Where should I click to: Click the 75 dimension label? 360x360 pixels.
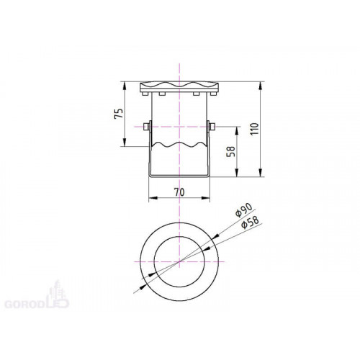(x=119, y=113)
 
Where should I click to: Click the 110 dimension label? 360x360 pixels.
(x=255, y=129)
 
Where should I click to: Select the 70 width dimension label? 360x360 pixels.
(x=179, y=192)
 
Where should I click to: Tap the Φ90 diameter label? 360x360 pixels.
(x=243, y=210)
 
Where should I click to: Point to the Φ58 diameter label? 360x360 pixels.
(x=250, y=222)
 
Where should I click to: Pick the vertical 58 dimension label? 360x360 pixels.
(x=231, y=151)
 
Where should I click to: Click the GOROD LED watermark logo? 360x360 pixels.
(x=37, y=295)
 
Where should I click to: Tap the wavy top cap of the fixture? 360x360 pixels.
(x=179, y=88)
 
